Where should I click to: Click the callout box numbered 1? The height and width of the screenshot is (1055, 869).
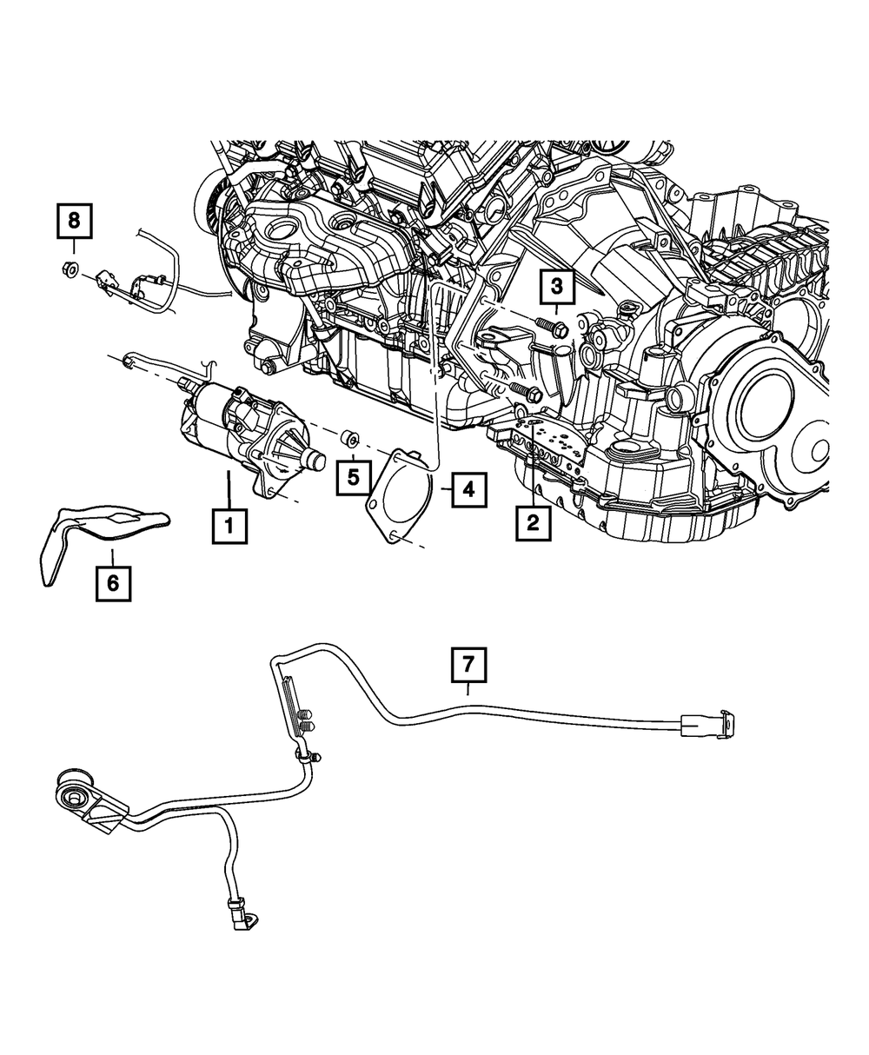(x=229, y=526)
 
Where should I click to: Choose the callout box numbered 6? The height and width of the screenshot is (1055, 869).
(x=113, y=583)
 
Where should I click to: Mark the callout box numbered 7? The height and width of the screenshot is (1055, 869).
(x=468, y=666)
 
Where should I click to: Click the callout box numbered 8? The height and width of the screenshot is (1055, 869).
(x=74, y=221)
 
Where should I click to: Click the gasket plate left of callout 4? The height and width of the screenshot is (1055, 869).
(x=401, y=495)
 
